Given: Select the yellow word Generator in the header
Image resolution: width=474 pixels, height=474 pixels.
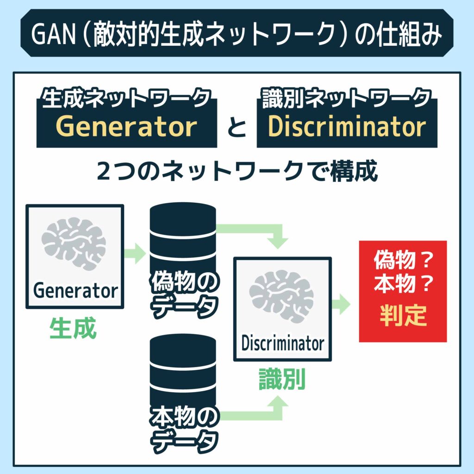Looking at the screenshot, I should [126, 126].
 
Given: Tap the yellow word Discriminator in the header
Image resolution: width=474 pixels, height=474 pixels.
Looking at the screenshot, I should [347, 126].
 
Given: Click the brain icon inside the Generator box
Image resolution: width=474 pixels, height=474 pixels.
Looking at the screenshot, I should [74, 243].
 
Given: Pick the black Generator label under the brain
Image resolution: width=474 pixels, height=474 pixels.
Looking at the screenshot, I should [75, 291].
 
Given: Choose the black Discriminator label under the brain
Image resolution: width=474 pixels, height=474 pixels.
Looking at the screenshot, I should [282, 343].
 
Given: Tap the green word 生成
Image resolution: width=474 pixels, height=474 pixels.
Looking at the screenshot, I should [73, 329].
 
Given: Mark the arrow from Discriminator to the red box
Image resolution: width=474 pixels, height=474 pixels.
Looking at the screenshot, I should [342, 304].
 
